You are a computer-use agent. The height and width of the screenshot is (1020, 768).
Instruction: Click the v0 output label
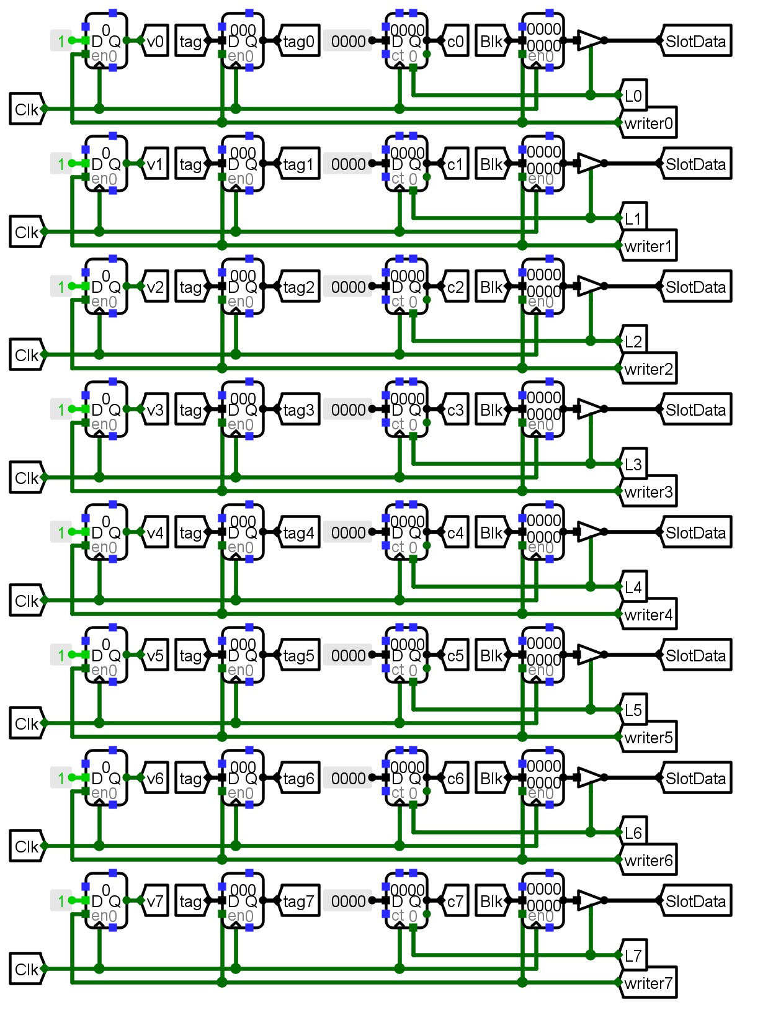pos(155,42)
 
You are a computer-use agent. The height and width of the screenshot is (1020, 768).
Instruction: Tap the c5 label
pos(455,656)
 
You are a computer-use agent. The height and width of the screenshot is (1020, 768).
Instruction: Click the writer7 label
pos(648,983)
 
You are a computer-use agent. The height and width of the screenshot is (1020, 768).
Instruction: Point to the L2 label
pos(633,341)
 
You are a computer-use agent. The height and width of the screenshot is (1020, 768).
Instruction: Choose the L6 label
pos(633,833)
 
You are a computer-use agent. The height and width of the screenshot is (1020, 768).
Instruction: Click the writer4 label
pos(648,615)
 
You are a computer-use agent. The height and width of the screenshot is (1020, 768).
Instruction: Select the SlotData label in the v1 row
pos(695,164)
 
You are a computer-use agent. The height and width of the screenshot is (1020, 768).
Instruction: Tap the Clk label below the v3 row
pos(27,478)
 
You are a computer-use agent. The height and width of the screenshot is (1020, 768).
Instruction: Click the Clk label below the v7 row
pos(27,970)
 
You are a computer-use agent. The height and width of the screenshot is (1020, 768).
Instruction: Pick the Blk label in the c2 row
pos(491,287)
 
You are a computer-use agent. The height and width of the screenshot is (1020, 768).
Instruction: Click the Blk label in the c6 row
pos(491,779)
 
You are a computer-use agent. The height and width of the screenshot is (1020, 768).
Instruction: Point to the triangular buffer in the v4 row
pos(589,532)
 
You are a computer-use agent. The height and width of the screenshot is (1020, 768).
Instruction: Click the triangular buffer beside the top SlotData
pos(589,40)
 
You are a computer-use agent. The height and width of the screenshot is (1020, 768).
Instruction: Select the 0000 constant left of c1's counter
pos(348,164)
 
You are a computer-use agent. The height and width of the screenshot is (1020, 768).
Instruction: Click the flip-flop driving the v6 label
pos(106,778)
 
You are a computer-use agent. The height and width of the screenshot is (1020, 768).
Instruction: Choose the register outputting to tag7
pos(243,901)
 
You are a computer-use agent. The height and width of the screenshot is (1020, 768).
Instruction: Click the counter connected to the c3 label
pos(406,409)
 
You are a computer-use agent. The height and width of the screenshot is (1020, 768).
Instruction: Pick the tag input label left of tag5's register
pos(190,656)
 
